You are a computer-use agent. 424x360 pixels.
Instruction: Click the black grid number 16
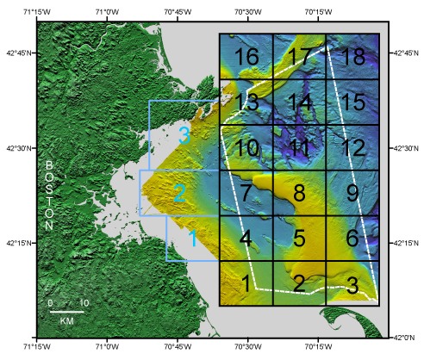[x=246, y=58]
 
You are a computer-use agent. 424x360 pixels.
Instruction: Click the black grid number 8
[x=299, y=191]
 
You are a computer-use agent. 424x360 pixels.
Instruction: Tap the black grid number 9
[x=352, y=191]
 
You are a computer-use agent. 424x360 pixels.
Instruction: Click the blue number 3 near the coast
[x=184, y=135]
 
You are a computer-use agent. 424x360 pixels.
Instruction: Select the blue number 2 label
[x=179, y=193]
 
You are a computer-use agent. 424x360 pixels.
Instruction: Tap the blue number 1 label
[x=192, y=236]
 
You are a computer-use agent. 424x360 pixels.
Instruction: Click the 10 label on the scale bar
[x=84, y=303]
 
